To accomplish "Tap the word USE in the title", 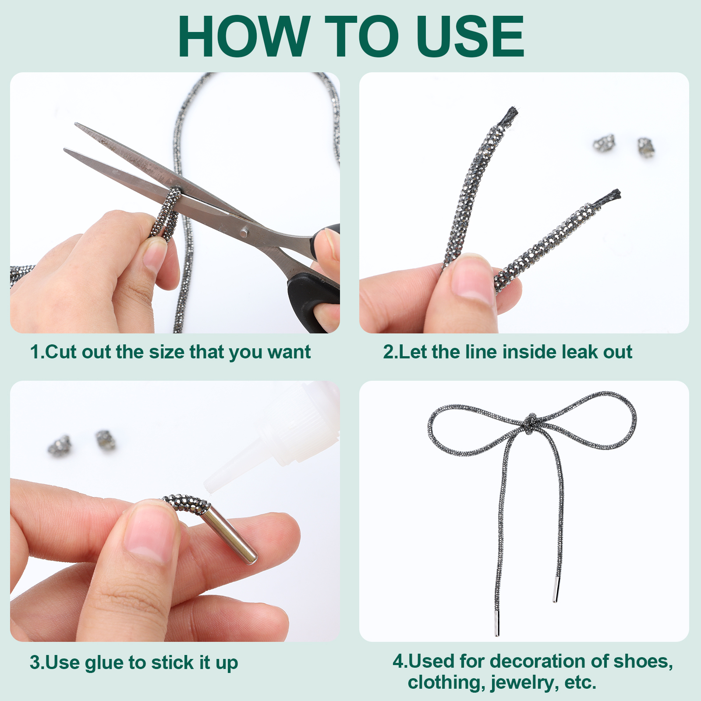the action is pyautogui.click(x=470, y=37).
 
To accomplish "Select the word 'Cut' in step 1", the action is pyautogui.click(x=62, y=352).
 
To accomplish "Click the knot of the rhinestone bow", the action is pyautogui.click(x=531, y=423).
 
